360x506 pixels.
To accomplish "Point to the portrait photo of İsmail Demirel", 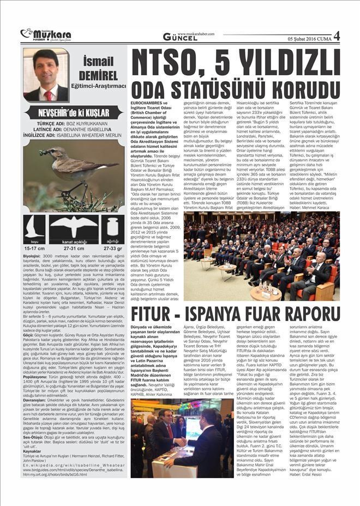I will pos(46,74).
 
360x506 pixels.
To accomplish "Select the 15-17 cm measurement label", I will pos(35,248).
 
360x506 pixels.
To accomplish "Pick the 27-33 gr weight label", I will pos(113,248).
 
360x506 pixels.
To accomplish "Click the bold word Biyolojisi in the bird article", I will pos(32,255).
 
